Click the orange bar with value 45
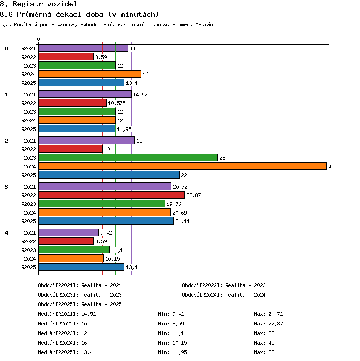point(183,166)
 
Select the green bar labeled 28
point(128,157)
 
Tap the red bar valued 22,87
point(112,195)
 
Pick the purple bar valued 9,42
point(69,232)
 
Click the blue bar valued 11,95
point(77,129)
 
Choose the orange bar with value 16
point(90,74)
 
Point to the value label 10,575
point(117,103)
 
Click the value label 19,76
point(174,204)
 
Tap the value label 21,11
point(182,221)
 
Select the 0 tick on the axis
point(39,39)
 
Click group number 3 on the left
point(6,187)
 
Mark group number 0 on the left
point(6,48)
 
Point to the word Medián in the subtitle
point(204,24)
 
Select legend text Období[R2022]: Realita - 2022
point(224,285)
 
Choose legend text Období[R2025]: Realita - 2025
point(80,304)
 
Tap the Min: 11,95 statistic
point(172,352)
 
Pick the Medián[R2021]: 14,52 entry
point(67,314)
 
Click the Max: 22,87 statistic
point(268,324)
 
